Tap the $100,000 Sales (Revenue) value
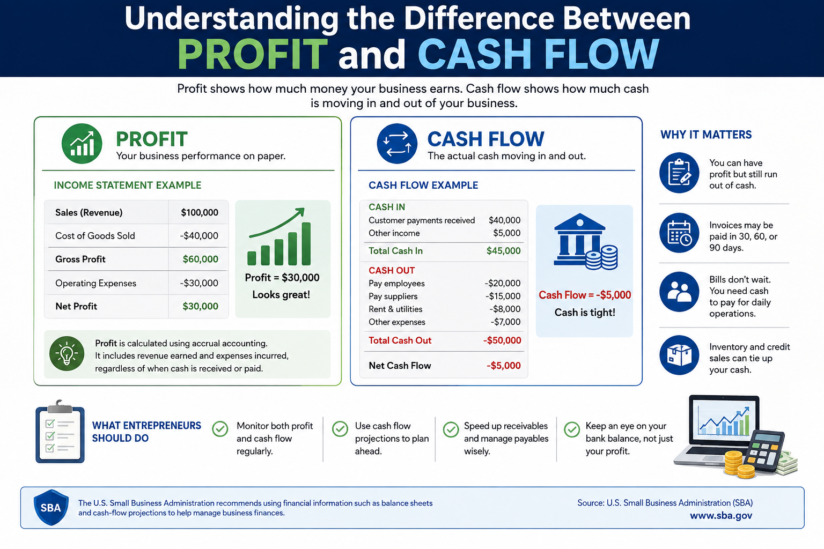pyautogui.click(x=200, y=212)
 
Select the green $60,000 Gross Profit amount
pyautogui.click(x=201, y=259)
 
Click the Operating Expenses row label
pyautogui.click(x=95, y=283)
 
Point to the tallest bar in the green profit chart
pyautogui.click(x=306, y=243)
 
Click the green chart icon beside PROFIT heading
pyautogui.click(x=82, y=143)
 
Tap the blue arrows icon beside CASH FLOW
pyautogui.click(x=397, y=143)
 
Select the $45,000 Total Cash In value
pyautogui.click(x=504, y=251)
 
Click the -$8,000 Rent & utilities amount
pyautogui.click(x=505, y=309)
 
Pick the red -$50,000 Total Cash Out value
pyautogui.click(x=502, y=340)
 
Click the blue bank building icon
pyautogui.click(x=585, y=241)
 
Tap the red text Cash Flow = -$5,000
pyautogui.click(x=585, y=295)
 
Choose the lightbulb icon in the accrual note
pyautogui.click(x=67, y=353)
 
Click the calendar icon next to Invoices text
pyautogui.click(x=679, y=233)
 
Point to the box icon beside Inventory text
pyautogui.click(x=679, y=355)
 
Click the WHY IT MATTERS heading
pyautogui.click(x=706, y=135)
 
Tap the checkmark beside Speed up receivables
pyautogui.click(x=451, y=429)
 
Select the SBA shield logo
pyautogui.click(x=51, y=507)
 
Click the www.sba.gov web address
pyautogui.click(x=721, y=516)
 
